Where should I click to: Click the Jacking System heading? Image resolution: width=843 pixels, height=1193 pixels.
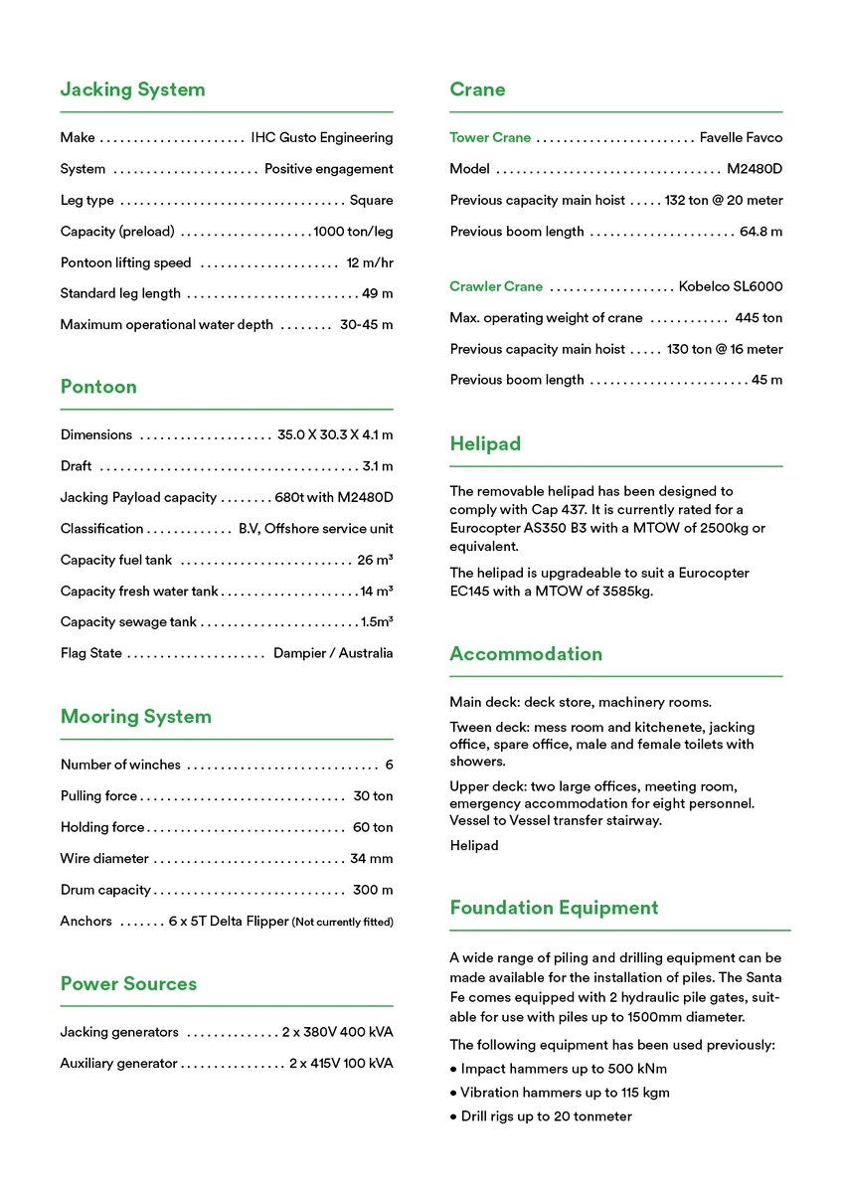[x=132, y=89]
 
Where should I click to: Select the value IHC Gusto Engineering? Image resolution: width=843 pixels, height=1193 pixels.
[x=321, y=138]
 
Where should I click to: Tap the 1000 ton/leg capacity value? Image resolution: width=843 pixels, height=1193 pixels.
[x=353, y=232]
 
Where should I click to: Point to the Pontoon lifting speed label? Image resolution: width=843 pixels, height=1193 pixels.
[x=125, y=263]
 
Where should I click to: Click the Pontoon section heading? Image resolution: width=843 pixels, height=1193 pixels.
[x=98, y=387]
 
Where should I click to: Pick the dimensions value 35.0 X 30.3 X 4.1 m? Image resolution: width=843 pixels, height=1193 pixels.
[x=335, y=435]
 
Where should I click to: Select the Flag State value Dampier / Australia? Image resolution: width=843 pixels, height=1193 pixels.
[x=333, y=654]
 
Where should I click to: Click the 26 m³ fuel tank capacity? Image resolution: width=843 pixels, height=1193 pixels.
[x=375, y=561]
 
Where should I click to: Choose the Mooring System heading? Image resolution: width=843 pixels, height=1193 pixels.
[x=135, y=717]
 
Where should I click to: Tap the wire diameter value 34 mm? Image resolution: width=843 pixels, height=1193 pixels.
[x=371, y=859]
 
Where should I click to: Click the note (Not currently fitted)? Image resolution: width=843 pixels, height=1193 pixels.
[x=342, y=923]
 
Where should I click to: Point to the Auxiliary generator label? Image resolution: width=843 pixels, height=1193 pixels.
[x=118, y=1064]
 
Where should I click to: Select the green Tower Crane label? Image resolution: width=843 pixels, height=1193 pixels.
[x=490, y=138]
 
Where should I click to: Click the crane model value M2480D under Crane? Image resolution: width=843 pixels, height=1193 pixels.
[x=755, y=169]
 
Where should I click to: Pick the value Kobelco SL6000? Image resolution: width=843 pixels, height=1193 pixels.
[x=731, y=287]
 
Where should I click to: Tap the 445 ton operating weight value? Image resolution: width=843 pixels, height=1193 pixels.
[x=759, y=318]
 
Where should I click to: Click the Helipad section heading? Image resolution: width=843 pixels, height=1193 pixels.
[x=485, y=444]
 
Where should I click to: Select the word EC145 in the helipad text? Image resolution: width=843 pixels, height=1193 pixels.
[x=470, y=591]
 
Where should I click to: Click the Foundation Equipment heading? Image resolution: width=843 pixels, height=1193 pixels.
[x=554, y=908]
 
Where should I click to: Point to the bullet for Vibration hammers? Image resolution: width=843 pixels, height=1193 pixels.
[x=453, y=1094]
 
